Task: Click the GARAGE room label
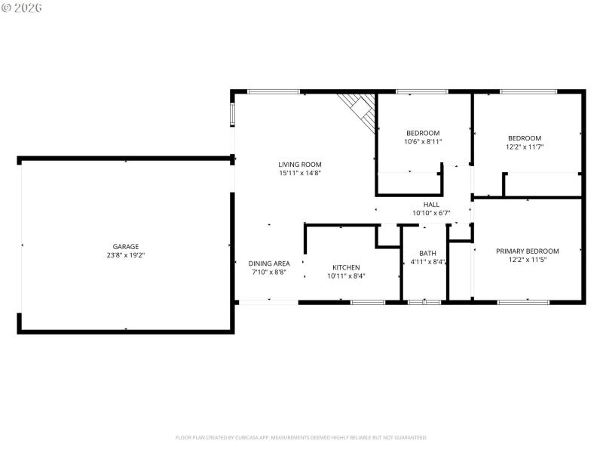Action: pos(126,246)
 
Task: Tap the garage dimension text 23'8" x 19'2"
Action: pos(126,255)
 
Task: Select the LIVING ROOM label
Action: pos(300,164)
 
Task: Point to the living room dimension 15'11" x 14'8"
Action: pos(300,173)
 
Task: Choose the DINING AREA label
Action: pos(269,263)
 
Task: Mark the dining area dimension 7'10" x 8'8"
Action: pos(269,272)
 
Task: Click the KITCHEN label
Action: pos(346,267)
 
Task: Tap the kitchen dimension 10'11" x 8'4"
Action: pos(346,276)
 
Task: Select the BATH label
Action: pos(427,254)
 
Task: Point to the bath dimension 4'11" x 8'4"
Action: pos(427,263)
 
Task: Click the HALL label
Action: pos(431,205)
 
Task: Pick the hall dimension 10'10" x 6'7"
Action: pos(431,214)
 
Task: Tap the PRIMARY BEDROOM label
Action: pos(527,251)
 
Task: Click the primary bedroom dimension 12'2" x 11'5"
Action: pos(527,260)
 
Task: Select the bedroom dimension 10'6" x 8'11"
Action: pos(424,141)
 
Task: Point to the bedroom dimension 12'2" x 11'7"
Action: pos(525,146)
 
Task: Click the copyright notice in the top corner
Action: pos(22,7)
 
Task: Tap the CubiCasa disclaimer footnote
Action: pos(301,437)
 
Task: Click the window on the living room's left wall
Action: pos(233,113)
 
